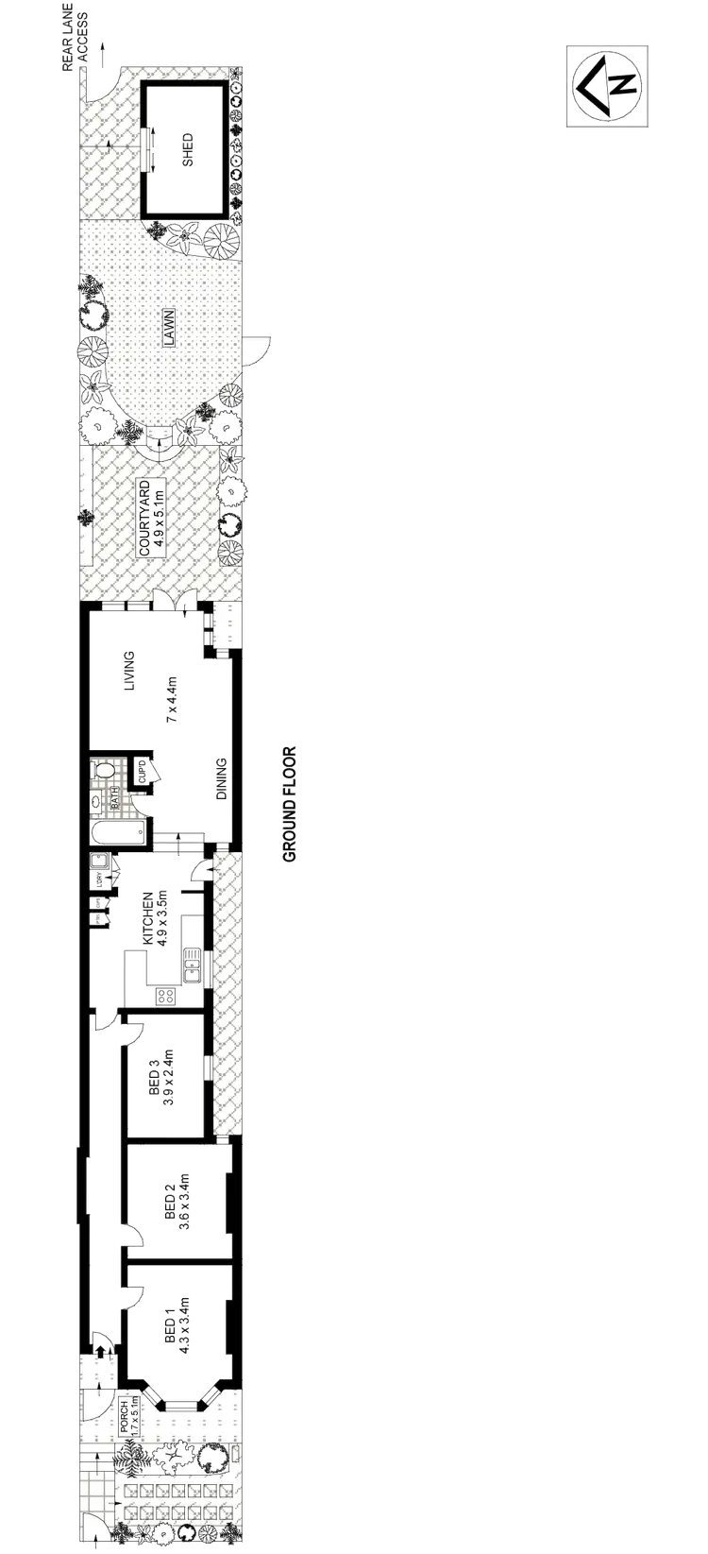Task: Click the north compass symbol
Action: tap(607, 84)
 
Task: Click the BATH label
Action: tap(115, 801)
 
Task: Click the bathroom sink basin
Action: tap(96, 802)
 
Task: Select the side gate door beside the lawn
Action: tap(256, 349)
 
